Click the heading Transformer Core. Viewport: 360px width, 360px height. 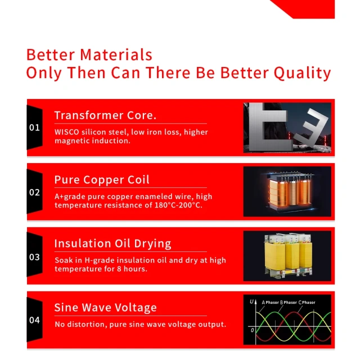105,115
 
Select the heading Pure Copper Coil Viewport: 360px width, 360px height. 102,180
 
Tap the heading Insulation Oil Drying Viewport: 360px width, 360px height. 112,244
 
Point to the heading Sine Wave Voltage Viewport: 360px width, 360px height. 105,308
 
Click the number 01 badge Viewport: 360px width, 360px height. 35,128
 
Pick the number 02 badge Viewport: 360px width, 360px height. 35,192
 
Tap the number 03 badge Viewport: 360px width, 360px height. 35,257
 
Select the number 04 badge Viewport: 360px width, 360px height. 35,321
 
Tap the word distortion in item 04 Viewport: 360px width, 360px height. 85,325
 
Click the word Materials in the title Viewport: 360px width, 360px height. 116,55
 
